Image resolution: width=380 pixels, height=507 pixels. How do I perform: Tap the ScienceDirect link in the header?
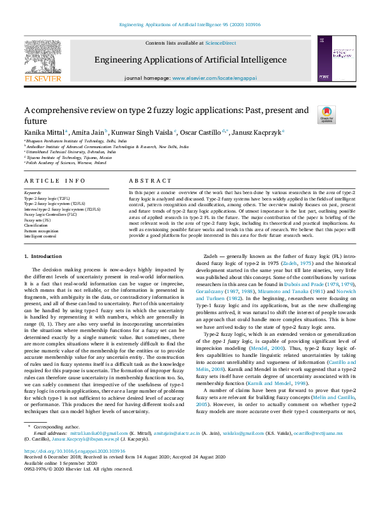(x=220, y=43)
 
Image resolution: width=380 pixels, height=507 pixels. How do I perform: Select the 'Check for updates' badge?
(x=326, y=114)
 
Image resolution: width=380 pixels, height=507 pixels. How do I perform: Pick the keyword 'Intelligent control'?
(x=40, y=236)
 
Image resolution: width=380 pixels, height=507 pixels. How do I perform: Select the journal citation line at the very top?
(x=190, y=25)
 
